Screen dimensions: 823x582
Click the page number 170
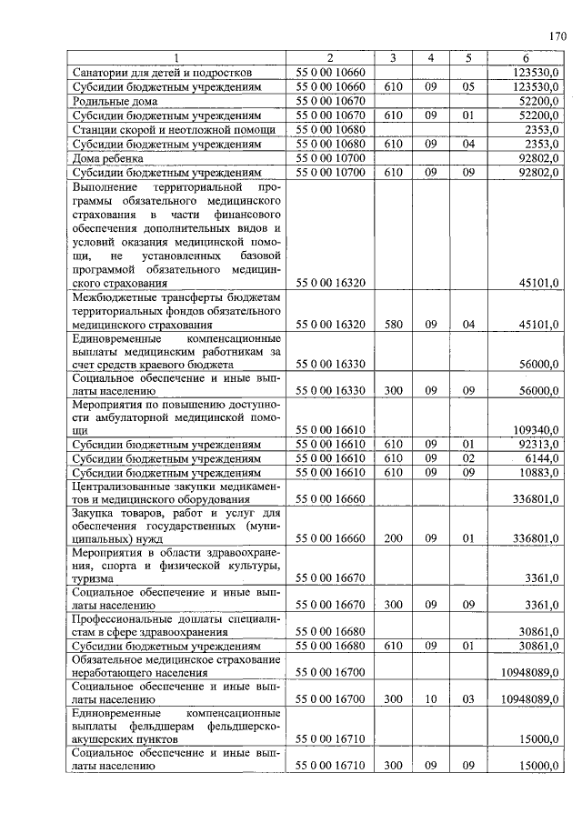coord(557,36)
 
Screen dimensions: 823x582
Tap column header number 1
coord(176,58)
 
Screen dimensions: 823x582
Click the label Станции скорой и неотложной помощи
coord(162,130)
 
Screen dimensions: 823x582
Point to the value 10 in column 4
coord(431,699)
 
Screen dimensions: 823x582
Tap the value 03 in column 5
coord(468,699)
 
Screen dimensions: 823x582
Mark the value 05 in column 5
coord(468,86)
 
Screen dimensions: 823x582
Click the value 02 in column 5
coord(468,459)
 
